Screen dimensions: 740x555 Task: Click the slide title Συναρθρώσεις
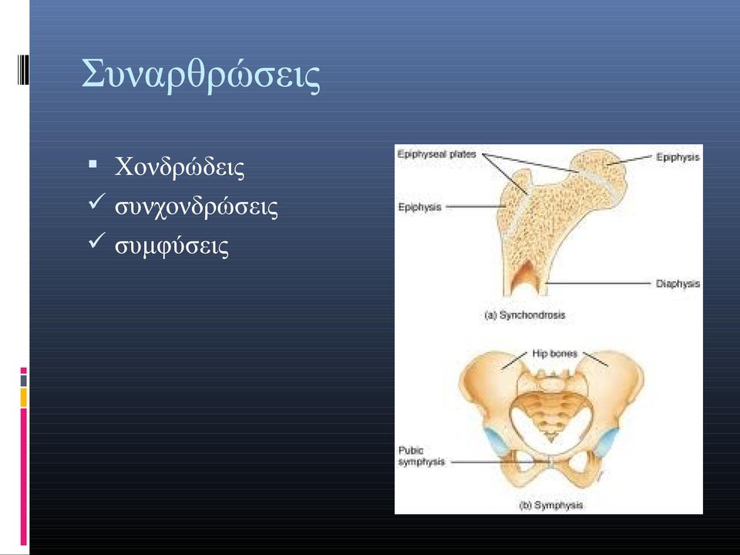pyautogui.click(x=201, y=76)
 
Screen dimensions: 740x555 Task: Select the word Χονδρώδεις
pyautogui.click(x=180, y=167)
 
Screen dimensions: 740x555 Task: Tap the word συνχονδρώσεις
pyautogui.click(x=197, y=207)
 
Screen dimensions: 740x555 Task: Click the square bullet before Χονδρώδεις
pyautogui.click(x=92, y=164)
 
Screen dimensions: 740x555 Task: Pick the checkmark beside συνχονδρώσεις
pyautogui.click(x=96, y=203)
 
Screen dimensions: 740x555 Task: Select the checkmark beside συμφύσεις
pyautogui.click(x=96, y=242)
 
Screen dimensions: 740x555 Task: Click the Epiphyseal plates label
pyautogui.click(x=436, y=154)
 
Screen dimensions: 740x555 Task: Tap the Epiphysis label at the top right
pyautogui.click(x=678, y=157)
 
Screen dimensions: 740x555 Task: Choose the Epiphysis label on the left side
pyautogui.click(x=419, y=207)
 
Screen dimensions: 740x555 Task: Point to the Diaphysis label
pyautogui.click(x=678, y=284)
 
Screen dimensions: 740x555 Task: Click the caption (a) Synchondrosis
pyautogui.click(x=525, y=314)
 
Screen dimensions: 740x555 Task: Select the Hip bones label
pyautogui.click(x=554, y=354)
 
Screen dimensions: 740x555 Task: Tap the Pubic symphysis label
pyautogui.click(x=422, y=456)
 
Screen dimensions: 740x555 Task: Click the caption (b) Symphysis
pyautogui.click(x=550, y=505)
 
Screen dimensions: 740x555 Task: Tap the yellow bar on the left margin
pyautogui.click(x=23, y=398)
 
